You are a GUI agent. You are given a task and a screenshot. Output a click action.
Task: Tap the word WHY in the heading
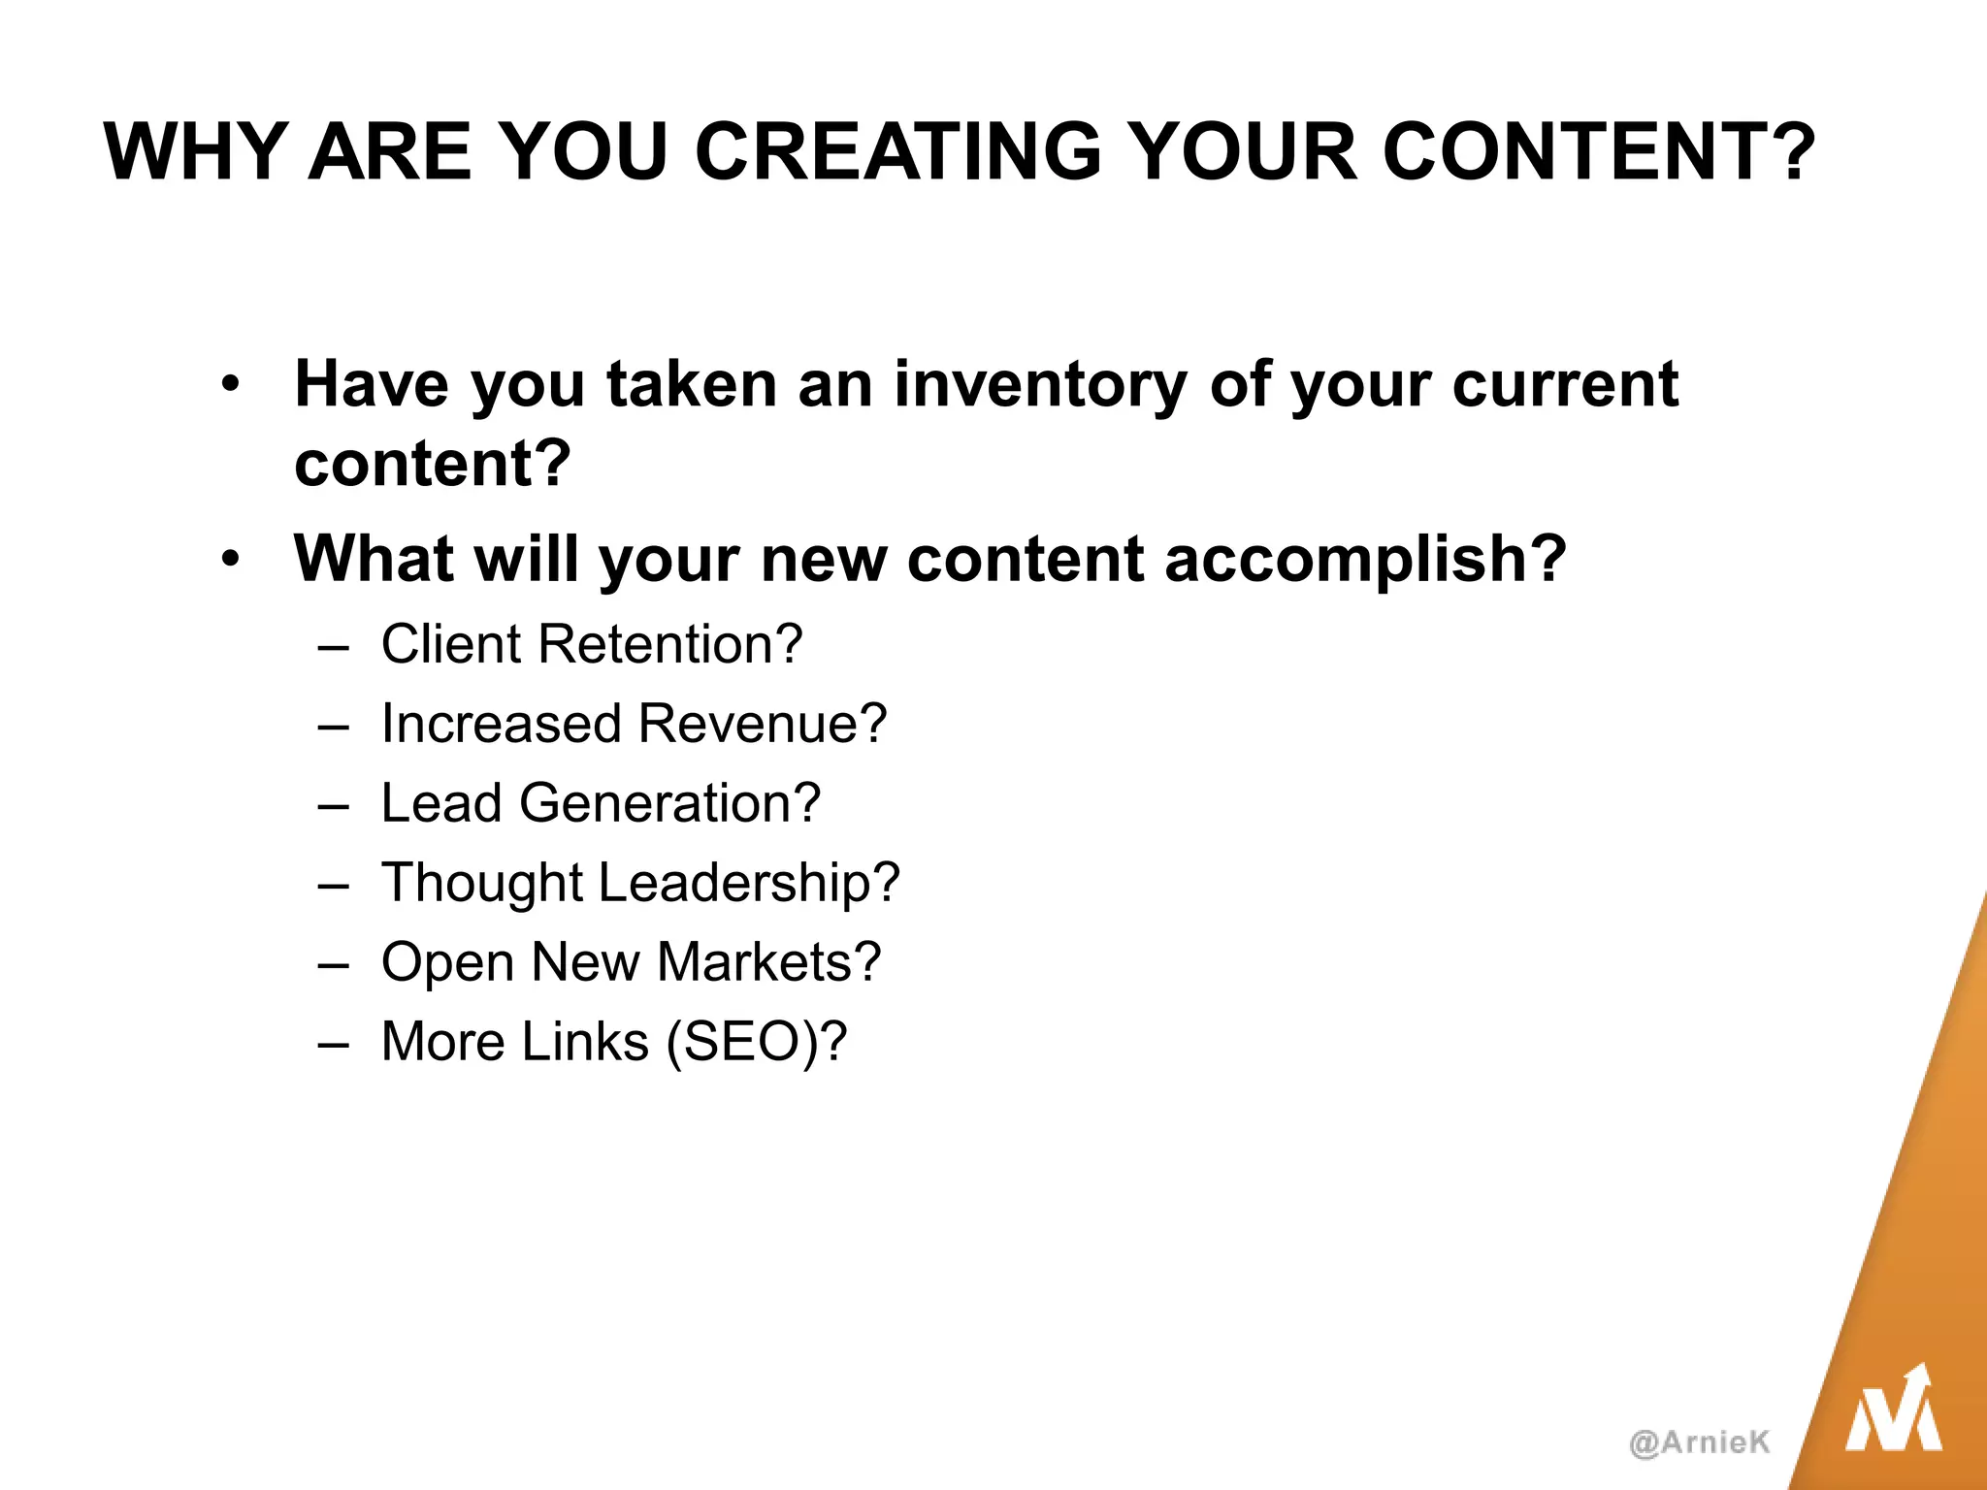[x=194, y=152]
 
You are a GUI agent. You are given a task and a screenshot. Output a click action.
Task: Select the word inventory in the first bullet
[x=1040, y=384]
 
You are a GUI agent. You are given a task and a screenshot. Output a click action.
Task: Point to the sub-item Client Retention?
[x=592, y=644]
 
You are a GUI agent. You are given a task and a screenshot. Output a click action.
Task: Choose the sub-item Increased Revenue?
[x=634, y=724]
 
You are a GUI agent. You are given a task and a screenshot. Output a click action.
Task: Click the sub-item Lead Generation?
[x=601, y=803]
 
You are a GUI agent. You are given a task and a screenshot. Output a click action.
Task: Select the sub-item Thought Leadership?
[x=640, y=883]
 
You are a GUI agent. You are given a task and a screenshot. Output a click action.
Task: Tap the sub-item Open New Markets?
[x=631, y=962]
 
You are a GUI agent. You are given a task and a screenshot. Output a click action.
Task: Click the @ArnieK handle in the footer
[x=1700, y=1442]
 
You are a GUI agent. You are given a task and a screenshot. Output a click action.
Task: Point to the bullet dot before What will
[x=229, y=560]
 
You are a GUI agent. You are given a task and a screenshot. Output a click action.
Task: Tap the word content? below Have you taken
[x=433, y=464]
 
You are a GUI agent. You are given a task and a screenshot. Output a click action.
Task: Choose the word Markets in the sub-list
[x=768, y=962]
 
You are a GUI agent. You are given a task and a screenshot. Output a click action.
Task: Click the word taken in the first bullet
[x=692, y=384]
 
